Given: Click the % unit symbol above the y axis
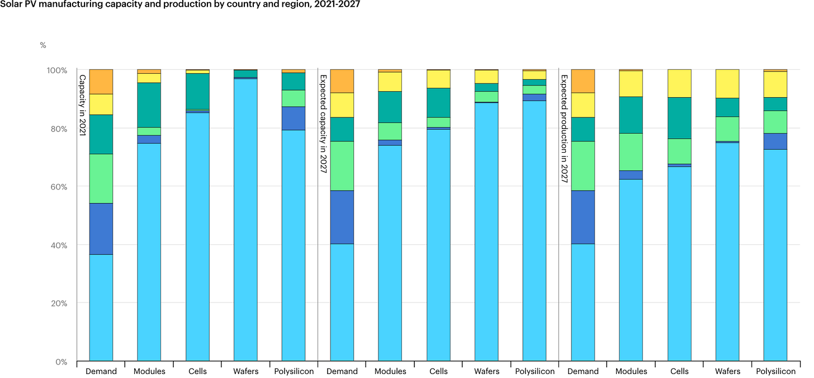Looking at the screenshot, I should tap(43, 45).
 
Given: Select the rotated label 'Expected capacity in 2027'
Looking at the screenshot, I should tap(323, 124).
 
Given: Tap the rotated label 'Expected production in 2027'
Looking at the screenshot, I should tap(564, 129).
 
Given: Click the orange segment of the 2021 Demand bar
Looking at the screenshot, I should tap(101, 82).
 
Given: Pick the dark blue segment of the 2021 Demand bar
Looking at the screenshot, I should tap(101, 229).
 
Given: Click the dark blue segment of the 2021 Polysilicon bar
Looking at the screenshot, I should tap(294, 119).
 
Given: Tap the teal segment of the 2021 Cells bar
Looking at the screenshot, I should tap(197, 91).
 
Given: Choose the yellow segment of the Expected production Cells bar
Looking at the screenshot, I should tap(679, 83).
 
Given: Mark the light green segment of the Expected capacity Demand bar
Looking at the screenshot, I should tap(342, 166).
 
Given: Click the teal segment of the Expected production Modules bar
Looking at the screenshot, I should tap(631, 115).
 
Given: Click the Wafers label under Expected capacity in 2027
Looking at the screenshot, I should tap(486, 371).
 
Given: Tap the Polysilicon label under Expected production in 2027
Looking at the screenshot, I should tap(775, 371).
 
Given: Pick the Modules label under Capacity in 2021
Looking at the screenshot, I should tap(149, 371).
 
